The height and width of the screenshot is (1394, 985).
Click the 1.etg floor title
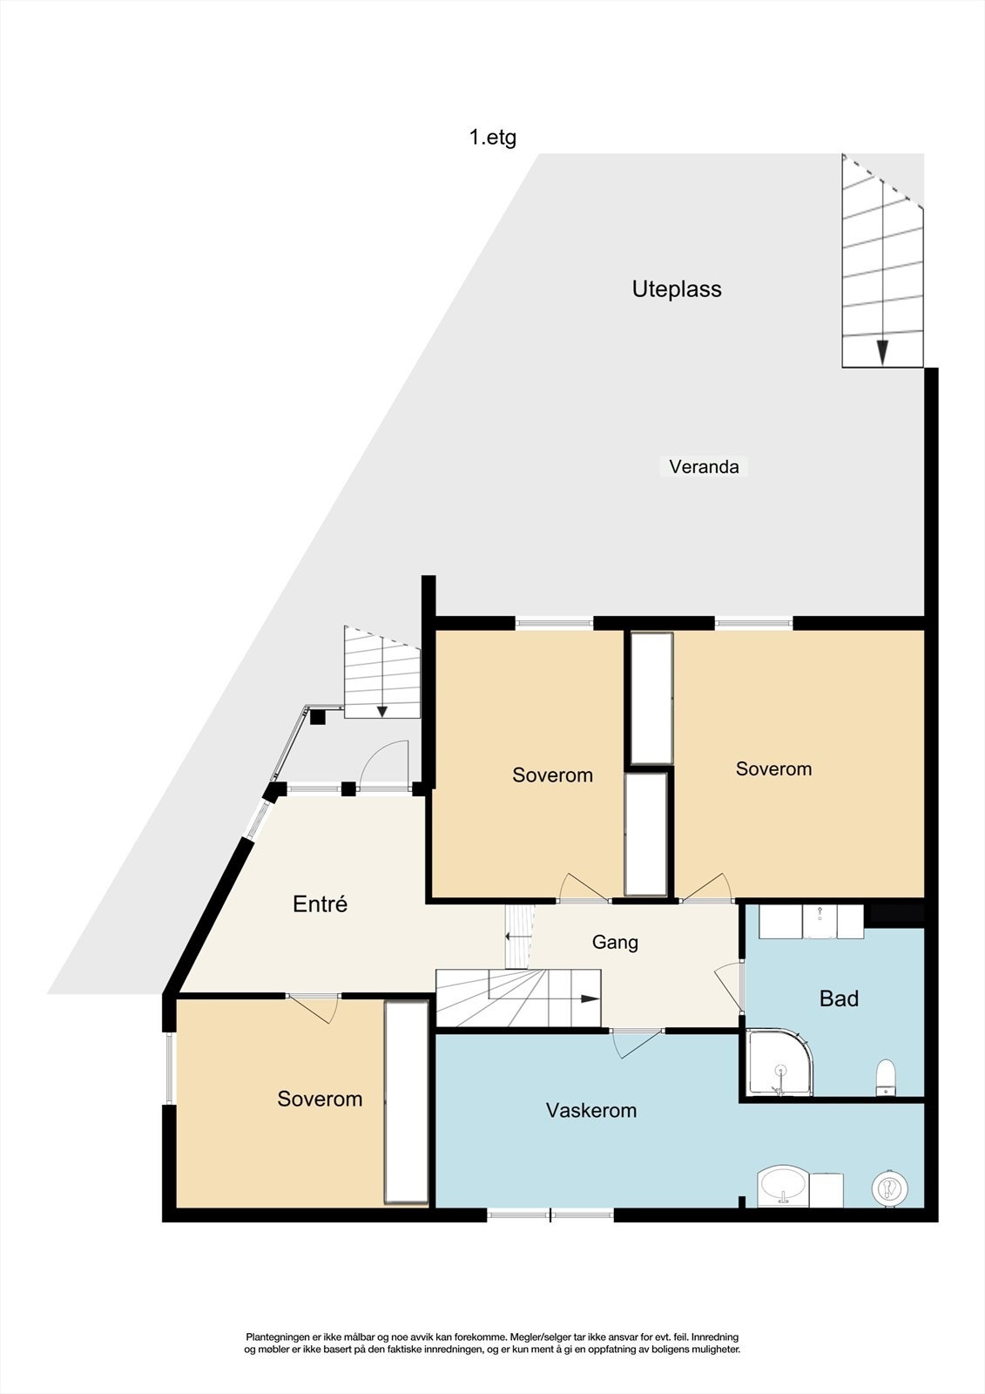tap(493, 138)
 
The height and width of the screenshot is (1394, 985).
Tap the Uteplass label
tap(677, 289)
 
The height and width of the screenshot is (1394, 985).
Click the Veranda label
tap(704, 467)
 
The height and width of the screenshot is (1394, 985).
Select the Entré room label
tap(320, 904)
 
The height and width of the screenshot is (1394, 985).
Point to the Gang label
tap(615, 942)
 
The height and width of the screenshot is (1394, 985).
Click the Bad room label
tap(839, 998)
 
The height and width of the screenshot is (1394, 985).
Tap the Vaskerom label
tap(591, 1111)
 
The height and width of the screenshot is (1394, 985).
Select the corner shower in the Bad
tap(778, 1064)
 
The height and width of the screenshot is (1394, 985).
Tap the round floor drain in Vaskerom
tap(890, 1187)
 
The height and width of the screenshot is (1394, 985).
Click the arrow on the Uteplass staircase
tap(882, 351)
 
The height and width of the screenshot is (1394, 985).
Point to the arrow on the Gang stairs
tap(589, 998)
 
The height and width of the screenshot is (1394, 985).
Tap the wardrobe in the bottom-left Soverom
tap(407, 1102)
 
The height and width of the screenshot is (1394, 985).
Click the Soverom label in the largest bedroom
tap(773, 769)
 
